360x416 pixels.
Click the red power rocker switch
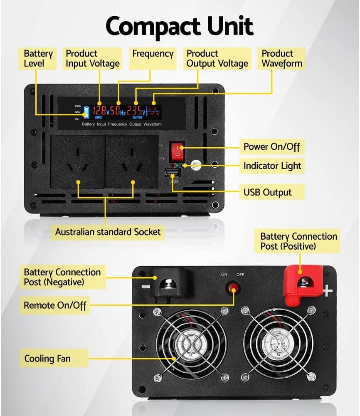(178, 151)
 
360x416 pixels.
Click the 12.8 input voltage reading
(99, 111)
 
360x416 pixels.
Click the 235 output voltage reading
(134, 111)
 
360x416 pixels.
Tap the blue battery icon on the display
(86, 111)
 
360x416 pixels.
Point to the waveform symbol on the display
(153, 111)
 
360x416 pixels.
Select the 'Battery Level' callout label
(38, 59)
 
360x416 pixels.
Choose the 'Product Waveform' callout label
(282, 59)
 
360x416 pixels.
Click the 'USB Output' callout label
(267, 192)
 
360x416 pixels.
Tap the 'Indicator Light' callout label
(272, 166)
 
